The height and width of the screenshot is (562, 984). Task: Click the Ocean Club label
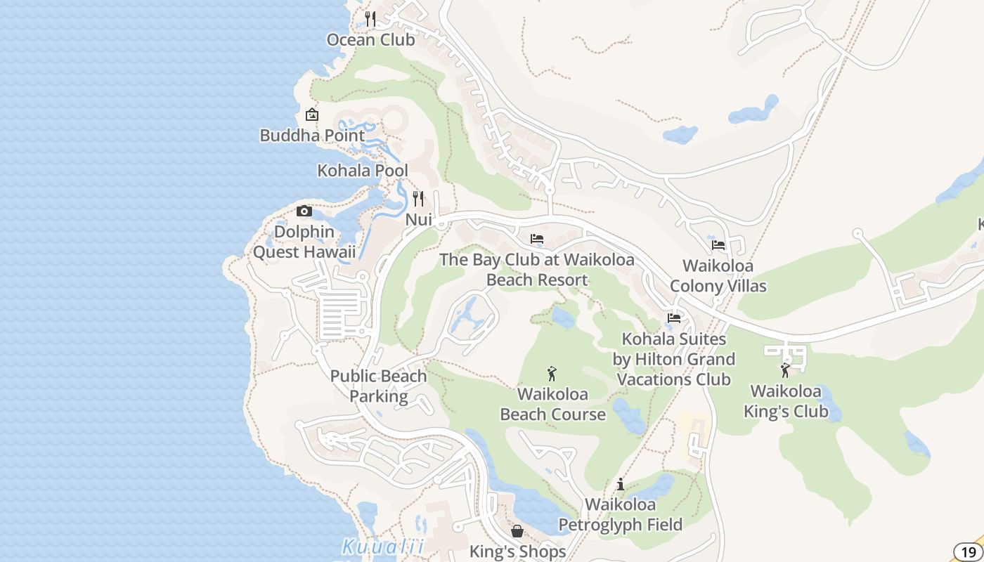click(370, 40)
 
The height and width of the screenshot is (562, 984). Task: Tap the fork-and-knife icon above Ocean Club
click(370, 19)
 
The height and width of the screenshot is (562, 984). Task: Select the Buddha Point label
click(312, 136)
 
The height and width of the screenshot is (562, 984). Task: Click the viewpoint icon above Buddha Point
click(312, 115)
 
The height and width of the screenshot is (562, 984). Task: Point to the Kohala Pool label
click(363, 171)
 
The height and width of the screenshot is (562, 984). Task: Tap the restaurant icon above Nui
click(419, 199)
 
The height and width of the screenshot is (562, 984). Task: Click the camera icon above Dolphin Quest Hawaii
click(304, 211)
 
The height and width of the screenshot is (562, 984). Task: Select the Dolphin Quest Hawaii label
click(304, 242)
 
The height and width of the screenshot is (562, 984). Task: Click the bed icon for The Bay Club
click(537, 239)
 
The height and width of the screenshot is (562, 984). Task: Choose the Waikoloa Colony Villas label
click(718, 276)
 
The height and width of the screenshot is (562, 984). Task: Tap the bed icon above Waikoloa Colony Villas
click(718, 245)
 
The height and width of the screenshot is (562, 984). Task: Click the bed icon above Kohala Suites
click(674, 318)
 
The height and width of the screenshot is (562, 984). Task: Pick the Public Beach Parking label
click(379, 386)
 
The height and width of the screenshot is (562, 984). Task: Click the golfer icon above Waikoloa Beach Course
click(552, 373)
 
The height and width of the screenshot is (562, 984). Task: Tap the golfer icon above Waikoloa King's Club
click(786, 370)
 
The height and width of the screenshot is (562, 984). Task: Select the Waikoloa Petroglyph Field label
click(621, 514)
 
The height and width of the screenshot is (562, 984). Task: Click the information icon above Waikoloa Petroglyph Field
click(621, 484)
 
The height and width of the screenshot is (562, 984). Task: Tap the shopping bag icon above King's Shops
click(517, 531)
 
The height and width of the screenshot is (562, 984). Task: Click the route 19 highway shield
click(969, 552)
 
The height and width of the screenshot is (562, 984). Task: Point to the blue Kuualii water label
click(383, 546)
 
